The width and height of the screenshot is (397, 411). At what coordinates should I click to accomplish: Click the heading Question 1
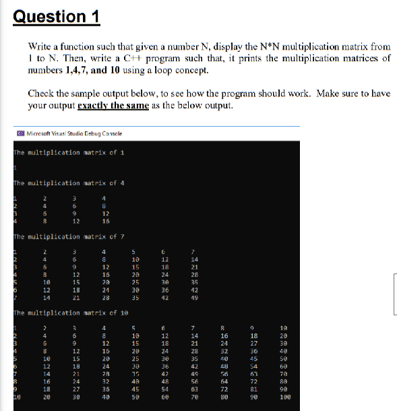click(x=56, y=16)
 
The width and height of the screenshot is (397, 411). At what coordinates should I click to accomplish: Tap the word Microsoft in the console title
click(x=40, y=133)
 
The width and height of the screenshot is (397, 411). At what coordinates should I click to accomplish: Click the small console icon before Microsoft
click(x=20, y=133)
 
